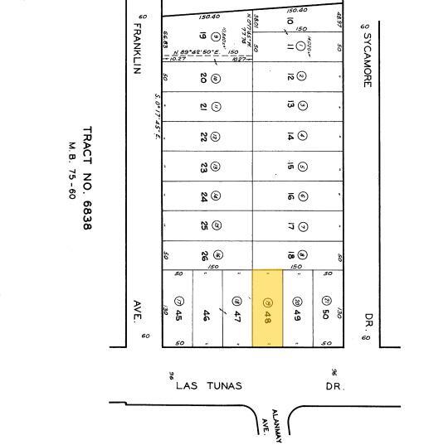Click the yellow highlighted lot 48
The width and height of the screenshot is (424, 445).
(267, 307)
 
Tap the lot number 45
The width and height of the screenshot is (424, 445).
(178, 315)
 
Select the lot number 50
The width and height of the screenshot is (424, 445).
(327, 315)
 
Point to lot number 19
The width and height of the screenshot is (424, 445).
(202, 36)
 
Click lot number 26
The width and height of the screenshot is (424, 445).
(203, 255)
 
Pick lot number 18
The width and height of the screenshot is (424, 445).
(291, 255)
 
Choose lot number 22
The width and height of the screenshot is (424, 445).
(203, 137)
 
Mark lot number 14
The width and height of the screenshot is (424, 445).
(291, 136)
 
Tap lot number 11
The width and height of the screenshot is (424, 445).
(290, 46)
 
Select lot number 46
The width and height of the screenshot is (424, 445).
(207, 315)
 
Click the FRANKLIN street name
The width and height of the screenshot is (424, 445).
(139, 47)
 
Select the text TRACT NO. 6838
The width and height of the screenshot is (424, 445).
(87, 178)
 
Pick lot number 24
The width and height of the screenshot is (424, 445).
(203, 196)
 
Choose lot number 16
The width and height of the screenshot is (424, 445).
(291, 196)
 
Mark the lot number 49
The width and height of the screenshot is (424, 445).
(297, 315)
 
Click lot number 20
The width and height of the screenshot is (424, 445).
(203, 77)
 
